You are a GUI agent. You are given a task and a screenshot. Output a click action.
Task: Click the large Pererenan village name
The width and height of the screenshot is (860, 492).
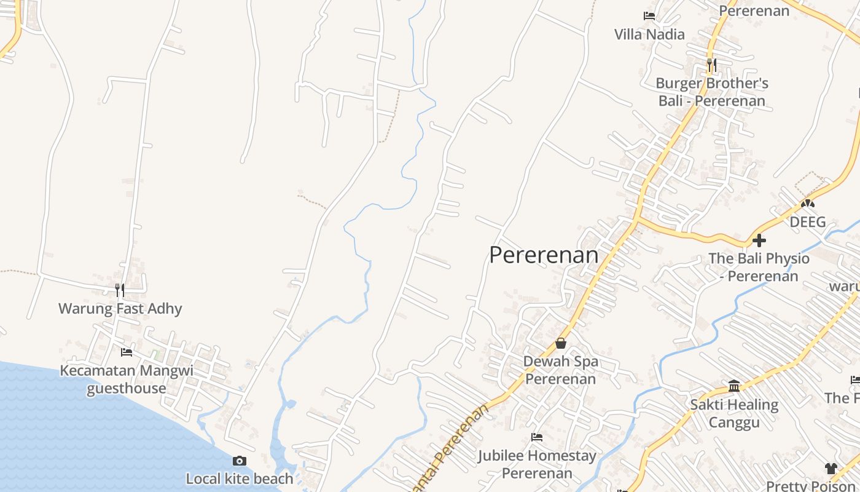tap(544, 255)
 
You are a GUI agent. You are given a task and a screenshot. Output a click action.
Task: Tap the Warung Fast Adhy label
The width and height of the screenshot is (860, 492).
tap(120, 308)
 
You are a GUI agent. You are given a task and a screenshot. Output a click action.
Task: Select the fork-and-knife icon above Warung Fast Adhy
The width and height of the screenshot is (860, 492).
tap(120, 290)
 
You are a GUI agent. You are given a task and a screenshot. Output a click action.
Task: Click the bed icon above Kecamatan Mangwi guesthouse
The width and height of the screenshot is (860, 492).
tap(127, 352)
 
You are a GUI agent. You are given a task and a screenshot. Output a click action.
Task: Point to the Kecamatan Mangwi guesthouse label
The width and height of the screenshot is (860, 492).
tap(127, 379)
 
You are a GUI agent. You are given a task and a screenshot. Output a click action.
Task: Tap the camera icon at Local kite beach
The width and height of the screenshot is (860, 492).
tap(240, 461)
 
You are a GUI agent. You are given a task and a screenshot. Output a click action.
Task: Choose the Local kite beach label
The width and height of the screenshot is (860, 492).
tap(240, 478)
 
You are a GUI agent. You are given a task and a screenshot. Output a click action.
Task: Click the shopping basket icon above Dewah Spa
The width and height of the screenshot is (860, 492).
tap(561, 343)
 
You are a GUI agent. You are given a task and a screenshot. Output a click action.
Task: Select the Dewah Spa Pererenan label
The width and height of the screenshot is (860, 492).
tap(560, 370)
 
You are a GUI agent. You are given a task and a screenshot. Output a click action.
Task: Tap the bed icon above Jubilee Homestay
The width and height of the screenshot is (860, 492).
tap(537, 437)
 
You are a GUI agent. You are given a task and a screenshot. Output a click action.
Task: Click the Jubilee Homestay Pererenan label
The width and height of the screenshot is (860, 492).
tap(537, 464)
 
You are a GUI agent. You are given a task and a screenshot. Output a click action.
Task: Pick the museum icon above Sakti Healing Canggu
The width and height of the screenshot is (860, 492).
tap(734, 386)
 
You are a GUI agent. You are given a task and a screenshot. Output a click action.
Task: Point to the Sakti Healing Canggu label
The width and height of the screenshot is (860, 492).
tap(734, 413)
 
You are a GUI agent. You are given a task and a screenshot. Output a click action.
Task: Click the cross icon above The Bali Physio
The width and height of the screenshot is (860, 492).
tap(759, 240)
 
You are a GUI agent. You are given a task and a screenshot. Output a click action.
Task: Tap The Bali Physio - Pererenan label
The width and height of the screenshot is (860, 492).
tap(759, 267)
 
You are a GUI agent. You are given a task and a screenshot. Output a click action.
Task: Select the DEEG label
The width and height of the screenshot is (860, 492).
tap(808, 222)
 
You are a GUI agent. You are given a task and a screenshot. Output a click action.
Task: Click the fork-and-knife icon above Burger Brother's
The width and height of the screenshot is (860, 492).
tap(711, 65)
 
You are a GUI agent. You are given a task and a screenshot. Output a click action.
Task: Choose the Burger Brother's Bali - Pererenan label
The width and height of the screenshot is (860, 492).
tap(712, 92)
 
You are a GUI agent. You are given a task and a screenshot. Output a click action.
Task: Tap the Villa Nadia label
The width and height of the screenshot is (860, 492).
tap(649, 34)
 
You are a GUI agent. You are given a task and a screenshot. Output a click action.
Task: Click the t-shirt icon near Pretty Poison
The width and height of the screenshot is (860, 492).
tap(831, 469)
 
